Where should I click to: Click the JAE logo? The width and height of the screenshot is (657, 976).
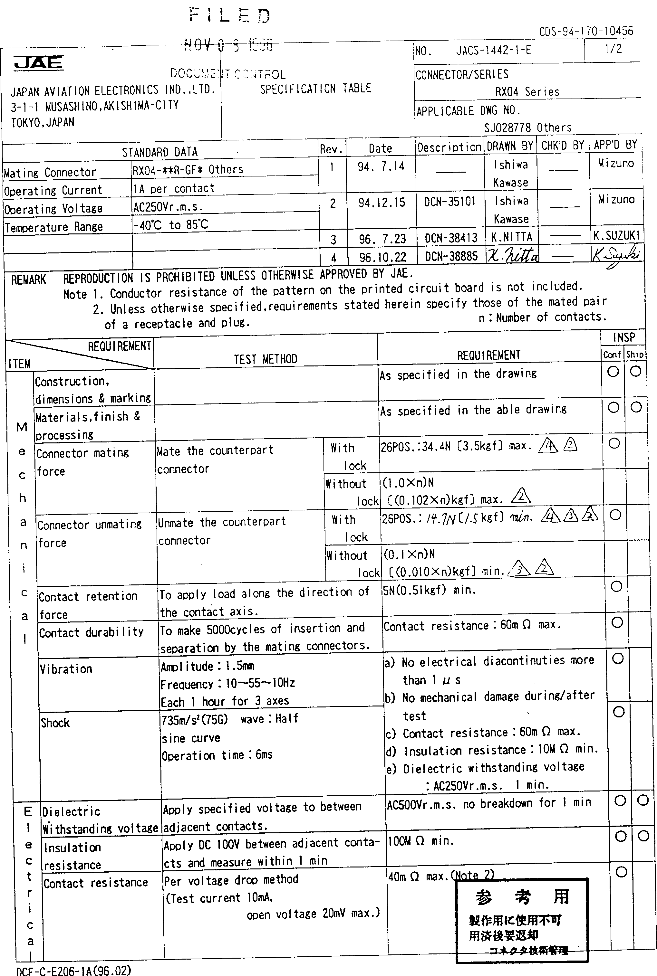(39, 62)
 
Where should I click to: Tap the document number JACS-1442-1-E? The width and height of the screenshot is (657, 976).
(493, 51)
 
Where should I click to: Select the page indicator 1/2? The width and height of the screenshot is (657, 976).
(613, 49)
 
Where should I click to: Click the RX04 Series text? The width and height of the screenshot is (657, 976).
(527, 92)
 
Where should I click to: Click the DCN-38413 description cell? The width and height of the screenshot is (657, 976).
(451, 238)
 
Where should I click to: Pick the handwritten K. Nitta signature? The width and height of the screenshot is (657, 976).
(512, 255)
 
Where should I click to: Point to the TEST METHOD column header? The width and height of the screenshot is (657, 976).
(265, 359)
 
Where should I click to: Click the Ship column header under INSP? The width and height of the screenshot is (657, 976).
(634, 355)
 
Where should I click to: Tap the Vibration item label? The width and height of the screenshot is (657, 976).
(66, 669)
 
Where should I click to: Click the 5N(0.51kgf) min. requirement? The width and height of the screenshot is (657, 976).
(430, 590)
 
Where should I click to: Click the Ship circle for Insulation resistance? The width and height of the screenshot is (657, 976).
(643, 836)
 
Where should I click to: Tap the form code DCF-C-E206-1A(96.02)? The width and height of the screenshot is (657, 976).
(73, 970)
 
